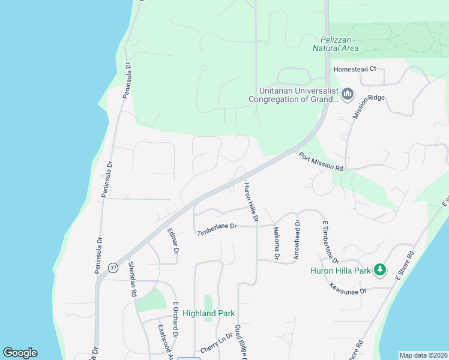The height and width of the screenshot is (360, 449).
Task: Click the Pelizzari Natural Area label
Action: (x=336, y=44)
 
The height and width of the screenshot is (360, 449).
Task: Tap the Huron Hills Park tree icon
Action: (x=379, y=270)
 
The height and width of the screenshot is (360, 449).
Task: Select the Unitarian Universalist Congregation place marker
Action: (x=347, y=94)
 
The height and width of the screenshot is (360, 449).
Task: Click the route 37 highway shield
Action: (x=113, y=266)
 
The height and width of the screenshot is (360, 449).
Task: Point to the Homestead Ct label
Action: (x=355, y=68)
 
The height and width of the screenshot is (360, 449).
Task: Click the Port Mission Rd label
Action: (x=321, y=161)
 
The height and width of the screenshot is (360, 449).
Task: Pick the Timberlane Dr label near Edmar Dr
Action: (x=218, y=229)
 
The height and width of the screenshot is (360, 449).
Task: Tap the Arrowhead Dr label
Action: (x=297, y=239)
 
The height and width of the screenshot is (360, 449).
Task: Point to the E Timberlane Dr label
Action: (x=331, y=242)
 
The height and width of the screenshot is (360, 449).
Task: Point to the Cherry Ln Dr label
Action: (x=217, y=343)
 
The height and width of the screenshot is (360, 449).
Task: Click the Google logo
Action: (x=20, y=353)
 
